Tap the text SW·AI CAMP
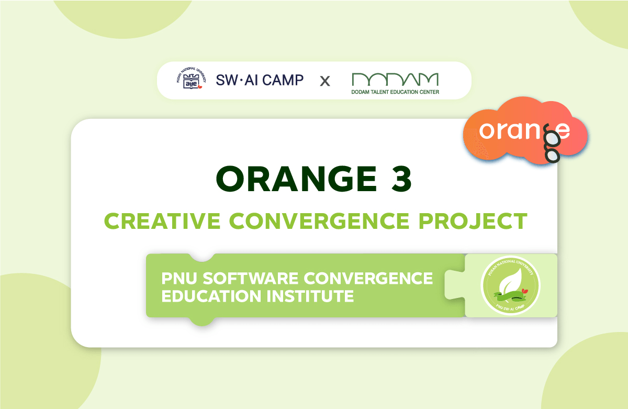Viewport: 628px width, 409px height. pyautogui.click(x=260, y=80)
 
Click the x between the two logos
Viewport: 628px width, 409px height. pyautogui.click(x=325, y=81)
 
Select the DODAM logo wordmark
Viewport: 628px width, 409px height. pyautogui.click(x=395, y=79)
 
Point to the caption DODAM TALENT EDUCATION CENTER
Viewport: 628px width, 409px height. pyautogui.click(x=395, y=92)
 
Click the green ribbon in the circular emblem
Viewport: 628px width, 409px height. pyautogui.click(x=510, y=298)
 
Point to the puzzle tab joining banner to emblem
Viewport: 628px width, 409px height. pyautogui.click(x=454, y=285)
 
